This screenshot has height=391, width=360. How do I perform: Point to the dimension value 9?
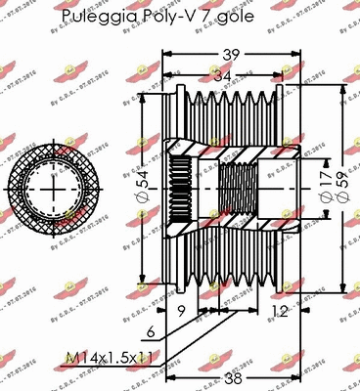(183, 312)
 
